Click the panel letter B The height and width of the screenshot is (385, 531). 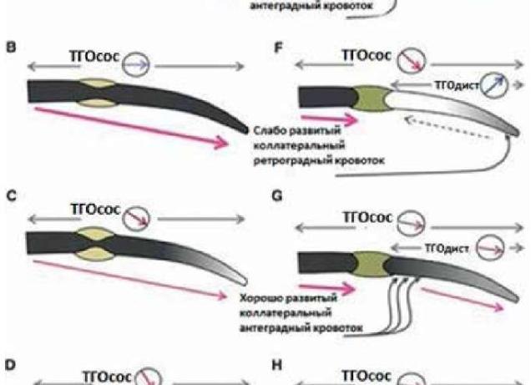point(12,48)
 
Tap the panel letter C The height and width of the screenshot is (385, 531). point(12,198)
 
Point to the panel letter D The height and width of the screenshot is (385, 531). point(12,367)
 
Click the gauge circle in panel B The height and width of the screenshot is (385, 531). point(139,63)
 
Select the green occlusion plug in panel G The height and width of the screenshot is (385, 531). point(370,261)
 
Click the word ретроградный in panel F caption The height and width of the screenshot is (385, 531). point(286,161)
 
